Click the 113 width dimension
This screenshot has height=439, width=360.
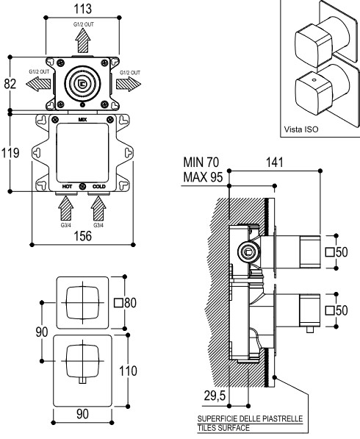[x=83, y=9]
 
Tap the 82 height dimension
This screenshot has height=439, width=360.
[x=10, y=84]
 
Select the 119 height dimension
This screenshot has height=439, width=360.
[x=10, y=153]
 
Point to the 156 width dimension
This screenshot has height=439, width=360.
[x=83, y=236]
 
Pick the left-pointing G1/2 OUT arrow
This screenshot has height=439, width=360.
[x=38, y=83]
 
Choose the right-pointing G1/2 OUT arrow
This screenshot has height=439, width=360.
[x=129, y=84]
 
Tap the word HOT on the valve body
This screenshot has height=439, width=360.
[x=67, y=187]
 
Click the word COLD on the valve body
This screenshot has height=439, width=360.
[x=99, y=187]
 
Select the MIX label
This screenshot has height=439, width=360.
[x=82, y=120]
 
